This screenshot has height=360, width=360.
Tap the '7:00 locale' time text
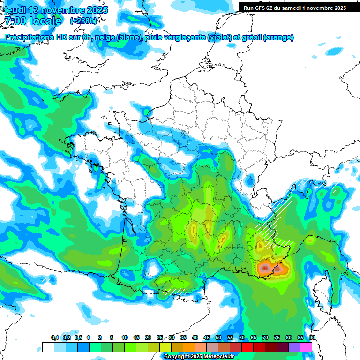33,21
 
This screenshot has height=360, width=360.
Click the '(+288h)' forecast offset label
83,21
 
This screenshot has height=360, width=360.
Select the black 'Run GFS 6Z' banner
292,7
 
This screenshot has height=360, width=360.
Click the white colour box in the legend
48,347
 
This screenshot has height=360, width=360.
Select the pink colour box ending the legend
306,347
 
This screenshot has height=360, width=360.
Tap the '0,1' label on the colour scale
55,337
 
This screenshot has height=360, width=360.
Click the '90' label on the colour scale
312,337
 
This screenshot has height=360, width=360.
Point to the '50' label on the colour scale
218,337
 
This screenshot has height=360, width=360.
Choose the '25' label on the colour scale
160,337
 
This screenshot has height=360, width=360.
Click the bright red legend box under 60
247,347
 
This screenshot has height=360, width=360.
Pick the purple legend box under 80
294,347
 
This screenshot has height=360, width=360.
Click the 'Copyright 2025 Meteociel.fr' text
199,356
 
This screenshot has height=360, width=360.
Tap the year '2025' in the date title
97,10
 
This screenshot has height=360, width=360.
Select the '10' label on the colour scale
125,337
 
